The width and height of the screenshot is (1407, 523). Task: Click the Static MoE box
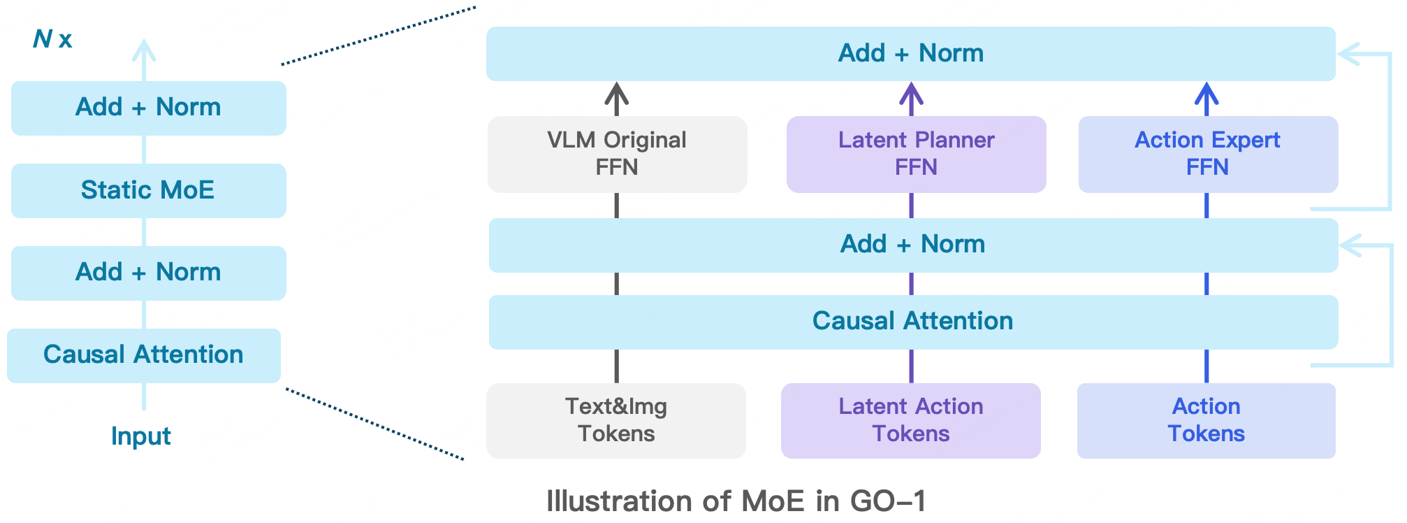[148, 190]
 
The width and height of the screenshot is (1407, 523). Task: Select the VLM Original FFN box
[617, 154]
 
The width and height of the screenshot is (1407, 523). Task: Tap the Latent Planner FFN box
[916, 154]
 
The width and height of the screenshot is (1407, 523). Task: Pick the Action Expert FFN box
[1207, 154]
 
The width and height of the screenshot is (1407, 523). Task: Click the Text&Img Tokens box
[615, 420]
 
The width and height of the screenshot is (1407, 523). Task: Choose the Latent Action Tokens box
[910, 420]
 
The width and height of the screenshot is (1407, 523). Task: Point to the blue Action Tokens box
[1206, 420]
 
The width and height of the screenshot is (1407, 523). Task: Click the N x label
[52, 39]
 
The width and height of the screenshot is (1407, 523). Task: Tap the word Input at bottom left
[140, 436]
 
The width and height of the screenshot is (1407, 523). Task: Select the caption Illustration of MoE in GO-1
[736, 501]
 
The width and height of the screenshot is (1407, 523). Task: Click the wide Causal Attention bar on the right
[912, 322]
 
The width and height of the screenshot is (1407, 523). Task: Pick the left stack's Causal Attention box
[143, 355]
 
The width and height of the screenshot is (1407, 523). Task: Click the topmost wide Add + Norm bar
[910, 54]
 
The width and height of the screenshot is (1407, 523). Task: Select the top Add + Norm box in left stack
[148, 108]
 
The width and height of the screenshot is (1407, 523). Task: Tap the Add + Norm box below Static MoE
[148, 273]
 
